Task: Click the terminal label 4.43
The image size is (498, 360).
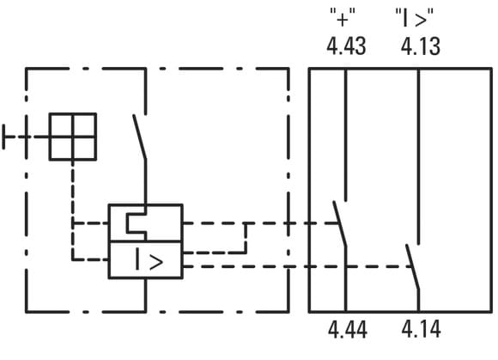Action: pos(346,46)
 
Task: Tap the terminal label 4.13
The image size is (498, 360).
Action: pos(421,46)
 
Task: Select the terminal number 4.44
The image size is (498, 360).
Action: pos(348,329)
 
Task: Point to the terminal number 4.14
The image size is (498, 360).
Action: pos(421,329)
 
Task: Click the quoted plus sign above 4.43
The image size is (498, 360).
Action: pos(343,18)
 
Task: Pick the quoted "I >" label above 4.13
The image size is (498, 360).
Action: pos(415,18)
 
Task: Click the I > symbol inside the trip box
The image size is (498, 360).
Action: pos(149,260)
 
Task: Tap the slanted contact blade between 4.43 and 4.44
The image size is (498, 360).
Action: pos(339,223)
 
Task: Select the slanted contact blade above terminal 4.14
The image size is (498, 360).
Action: pos(412,267)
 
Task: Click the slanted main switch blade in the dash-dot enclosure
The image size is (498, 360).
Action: pos(139,137)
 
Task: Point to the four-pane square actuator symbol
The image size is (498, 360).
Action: pos(73,137)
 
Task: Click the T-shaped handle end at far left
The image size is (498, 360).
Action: pos(3,137)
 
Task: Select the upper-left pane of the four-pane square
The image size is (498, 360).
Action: pos(61,125)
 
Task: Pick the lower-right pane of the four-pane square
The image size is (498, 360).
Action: pos(84,148)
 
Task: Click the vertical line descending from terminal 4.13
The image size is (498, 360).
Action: pos(418,156)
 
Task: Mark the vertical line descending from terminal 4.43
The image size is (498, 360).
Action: pos(345,135)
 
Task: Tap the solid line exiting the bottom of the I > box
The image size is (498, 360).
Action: pos(145,295)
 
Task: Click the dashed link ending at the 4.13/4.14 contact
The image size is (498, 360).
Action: pos(298,266)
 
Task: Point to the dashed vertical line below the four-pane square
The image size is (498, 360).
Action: pos(73,211)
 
